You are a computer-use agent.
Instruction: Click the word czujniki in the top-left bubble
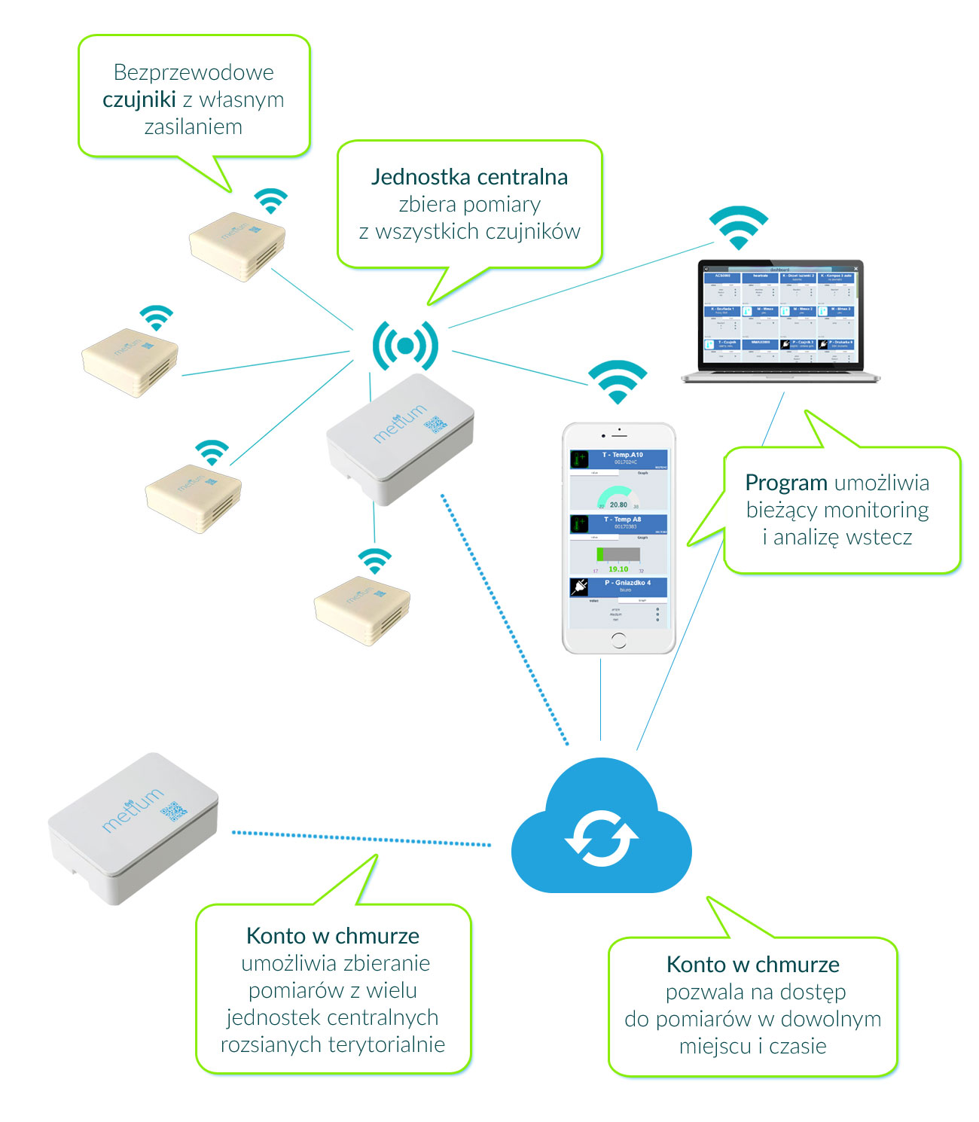pyautogui.click(x=139, y=99)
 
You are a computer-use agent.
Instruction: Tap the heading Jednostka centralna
pyautogui.click(x=469, y=177)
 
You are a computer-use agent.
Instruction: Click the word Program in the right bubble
pyautogui.click(x=786, y=483)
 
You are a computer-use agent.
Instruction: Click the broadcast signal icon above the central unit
pyautogui.click(x=405, y=346)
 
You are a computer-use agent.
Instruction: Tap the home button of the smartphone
pyautogui.click(x=618, y=640)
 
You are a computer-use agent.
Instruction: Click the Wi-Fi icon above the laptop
pyautogui.click(x=739, y=227)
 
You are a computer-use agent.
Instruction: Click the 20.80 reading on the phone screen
pyautogui.click(x=618, y=505)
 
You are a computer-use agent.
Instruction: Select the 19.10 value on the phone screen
pyautogui.click(x=618, y=569)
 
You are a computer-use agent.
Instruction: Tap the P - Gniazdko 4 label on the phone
pyautogui.click(x=627, y=583)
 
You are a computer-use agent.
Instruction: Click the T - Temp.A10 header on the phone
pyautogui.click(x=623, y=455)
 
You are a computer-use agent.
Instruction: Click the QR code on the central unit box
pyautogui.click(x=435, y=425)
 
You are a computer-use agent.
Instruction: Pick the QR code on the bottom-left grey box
pyautogui.click(x=173, y=811)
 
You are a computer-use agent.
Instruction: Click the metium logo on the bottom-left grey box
pyautogui.click(x=133, y=810)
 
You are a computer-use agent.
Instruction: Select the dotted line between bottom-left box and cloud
pyautogui.click(x=361, y=838)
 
